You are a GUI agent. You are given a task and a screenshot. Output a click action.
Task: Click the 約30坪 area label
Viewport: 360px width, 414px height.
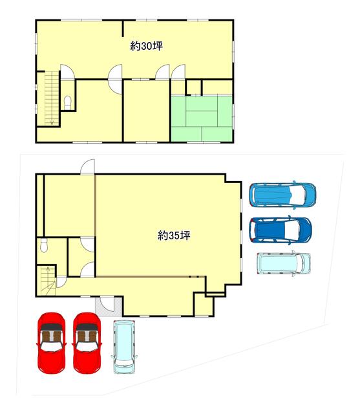click(x=146, y=47)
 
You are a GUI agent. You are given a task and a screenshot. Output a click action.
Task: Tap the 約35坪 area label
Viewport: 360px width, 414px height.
click(x=174, y=235)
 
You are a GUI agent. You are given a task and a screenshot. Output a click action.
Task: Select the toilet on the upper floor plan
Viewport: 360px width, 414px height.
click(x=68, y=102)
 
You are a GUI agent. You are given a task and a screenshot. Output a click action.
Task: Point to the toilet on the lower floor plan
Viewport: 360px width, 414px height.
click(x=44, y=245)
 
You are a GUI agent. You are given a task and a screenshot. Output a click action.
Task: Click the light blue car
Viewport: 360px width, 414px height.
click(x=282, y=195)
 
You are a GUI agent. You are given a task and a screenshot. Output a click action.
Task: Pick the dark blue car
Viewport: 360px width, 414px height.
click(x=281, y=230)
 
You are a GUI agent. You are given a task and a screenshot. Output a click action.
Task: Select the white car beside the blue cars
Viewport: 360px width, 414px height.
click(x=284, y=263)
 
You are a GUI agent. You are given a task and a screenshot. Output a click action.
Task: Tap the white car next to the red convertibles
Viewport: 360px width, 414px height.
click(x=124, y=347)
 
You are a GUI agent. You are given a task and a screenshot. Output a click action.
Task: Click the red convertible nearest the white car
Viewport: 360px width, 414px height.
click(x=87, y=343)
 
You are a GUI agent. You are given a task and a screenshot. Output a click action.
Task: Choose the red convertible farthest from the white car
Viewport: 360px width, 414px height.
click(x=52, y=343)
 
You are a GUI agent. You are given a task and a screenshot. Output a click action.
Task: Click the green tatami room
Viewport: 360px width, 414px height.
click(x=202, y=118)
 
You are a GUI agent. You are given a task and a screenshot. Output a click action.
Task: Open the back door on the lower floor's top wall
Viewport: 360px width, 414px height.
click(x=87, y=167)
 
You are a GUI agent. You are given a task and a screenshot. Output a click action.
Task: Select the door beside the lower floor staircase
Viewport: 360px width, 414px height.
click(x=61, y=282)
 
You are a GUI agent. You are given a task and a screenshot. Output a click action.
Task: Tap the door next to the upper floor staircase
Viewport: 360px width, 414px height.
click(x=67, y=71)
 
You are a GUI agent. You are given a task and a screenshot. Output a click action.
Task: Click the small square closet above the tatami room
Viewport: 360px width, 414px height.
click(x=194, y=87)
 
